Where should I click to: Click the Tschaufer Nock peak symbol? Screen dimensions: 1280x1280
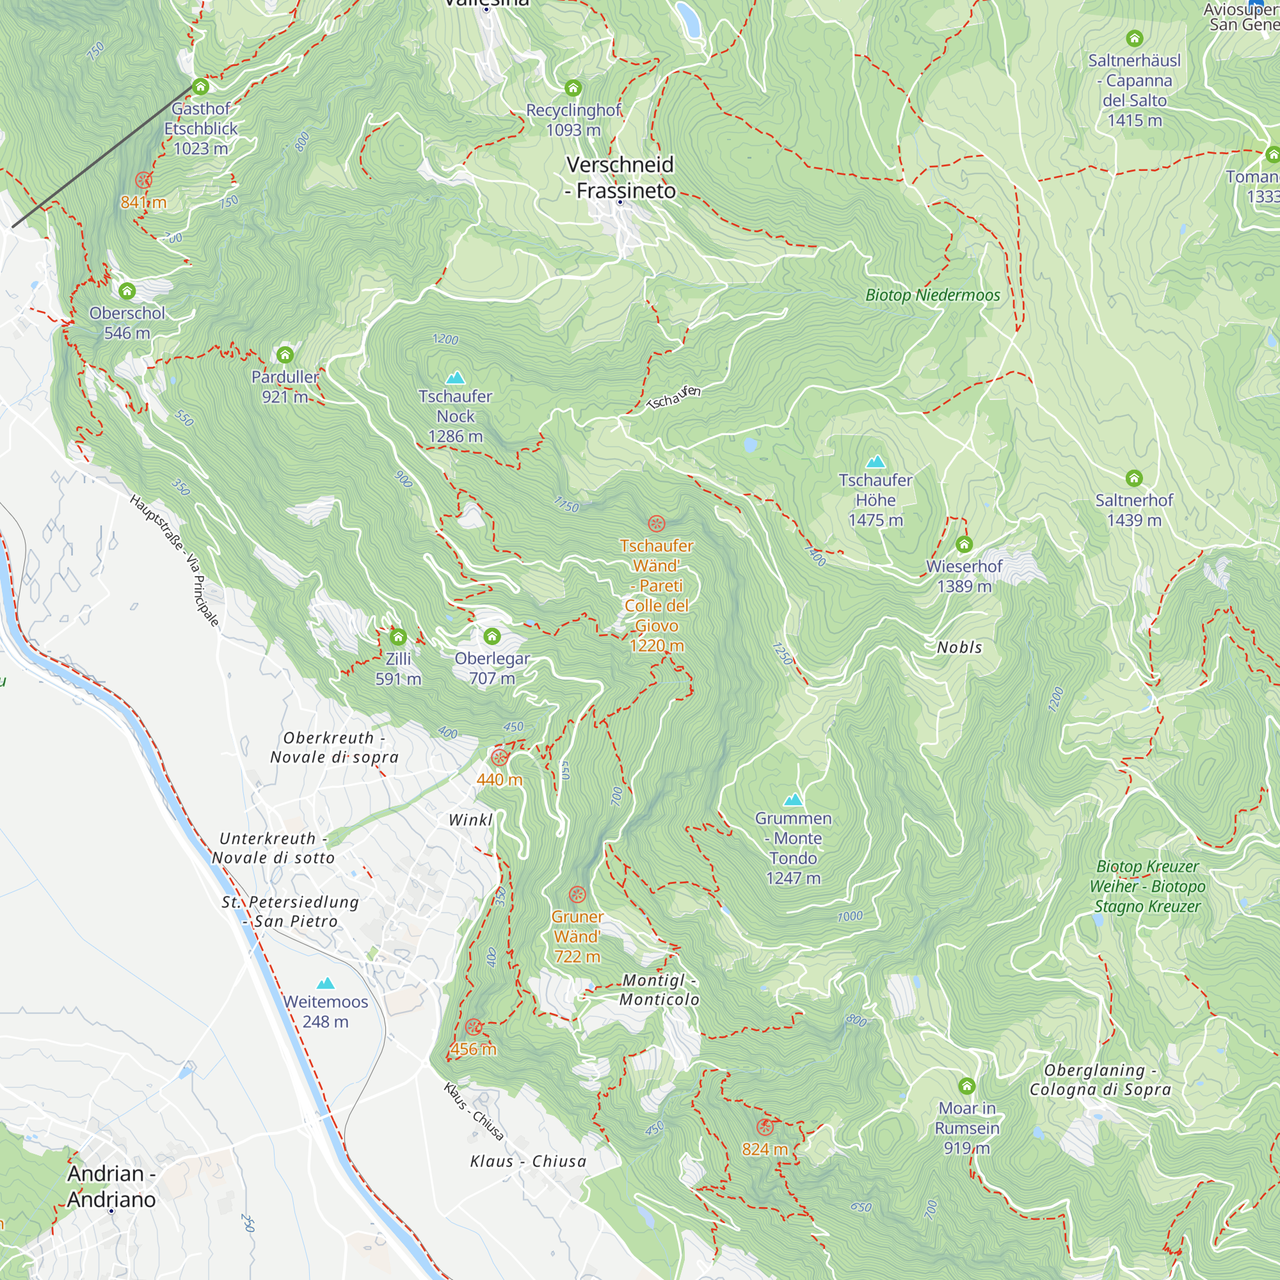(455, 378)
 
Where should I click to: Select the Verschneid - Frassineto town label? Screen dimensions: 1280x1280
(620, 177)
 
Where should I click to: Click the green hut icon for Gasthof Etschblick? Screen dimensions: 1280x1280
(201, 87)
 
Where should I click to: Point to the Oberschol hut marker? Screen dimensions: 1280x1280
(127, 291)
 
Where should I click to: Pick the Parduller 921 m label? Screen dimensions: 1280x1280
(285, 387)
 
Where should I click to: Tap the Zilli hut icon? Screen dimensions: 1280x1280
(398, 637)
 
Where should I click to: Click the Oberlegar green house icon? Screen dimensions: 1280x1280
(492, 637)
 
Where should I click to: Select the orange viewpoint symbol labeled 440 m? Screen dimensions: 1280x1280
(500, 757)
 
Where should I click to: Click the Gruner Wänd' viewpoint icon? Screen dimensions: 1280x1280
(578, 895)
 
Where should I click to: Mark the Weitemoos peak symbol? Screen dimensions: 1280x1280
(325, 984)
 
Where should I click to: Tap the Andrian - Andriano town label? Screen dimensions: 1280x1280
(111, 1186)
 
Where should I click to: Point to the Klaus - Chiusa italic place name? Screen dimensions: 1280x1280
(528, 1162)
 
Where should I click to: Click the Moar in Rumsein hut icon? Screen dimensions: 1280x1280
(966, 1086)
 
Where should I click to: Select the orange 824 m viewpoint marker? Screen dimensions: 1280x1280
(765, 1127)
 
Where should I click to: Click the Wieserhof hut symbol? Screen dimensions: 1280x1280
(964, 545)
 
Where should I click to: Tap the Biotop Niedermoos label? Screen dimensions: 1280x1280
(933, 296)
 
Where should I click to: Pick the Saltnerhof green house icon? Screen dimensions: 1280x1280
(1134, 478)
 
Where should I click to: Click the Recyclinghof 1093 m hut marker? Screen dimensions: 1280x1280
(573, 88)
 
